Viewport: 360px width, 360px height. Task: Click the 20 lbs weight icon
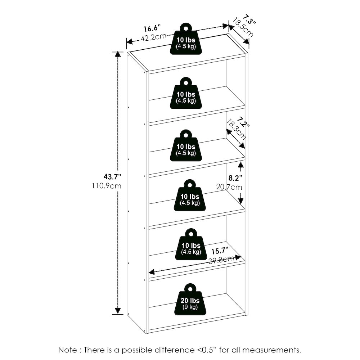pos(190,299)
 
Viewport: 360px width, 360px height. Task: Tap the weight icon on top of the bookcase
pos(186,39)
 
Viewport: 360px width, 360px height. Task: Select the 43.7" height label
pos(112,177)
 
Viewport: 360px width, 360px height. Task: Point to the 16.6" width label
pos(152,28)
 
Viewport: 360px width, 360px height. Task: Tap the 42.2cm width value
pos(153,37)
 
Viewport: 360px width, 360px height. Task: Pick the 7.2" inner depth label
pos(243,123)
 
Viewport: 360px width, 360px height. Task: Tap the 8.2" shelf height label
pos(235,178)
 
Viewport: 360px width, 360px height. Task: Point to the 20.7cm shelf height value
pos(229,187)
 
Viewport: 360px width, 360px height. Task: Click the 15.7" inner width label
pos(220,251)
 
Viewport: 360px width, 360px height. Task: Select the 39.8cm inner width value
pos(221,260)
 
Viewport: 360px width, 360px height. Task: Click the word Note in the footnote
pos(68,350)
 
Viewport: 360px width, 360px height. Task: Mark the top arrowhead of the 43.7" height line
pos(118,55)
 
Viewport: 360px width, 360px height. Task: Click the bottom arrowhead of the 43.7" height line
pos(118,311)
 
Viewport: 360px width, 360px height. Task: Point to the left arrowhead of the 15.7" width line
pos(152,273)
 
